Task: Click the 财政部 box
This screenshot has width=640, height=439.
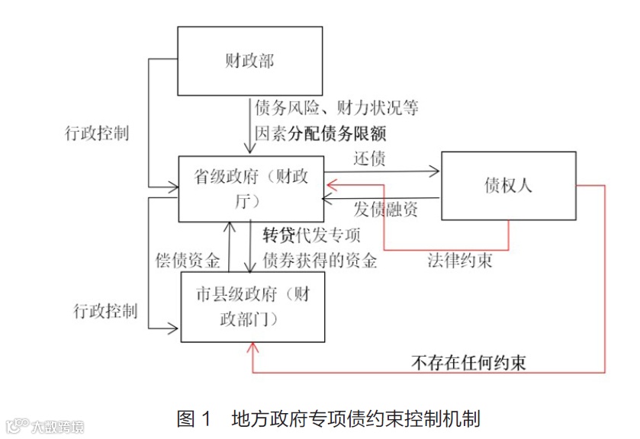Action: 250,62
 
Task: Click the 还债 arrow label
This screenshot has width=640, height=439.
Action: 369,159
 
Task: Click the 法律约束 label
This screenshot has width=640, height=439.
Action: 459,261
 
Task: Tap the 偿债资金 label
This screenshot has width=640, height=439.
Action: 187,261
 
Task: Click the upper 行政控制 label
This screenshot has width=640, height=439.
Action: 97,133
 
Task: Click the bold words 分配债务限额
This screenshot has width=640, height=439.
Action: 338,134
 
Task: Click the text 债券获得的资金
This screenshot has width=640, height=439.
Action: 320,261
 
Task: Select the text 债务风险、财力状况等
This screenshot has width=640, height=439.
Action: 336,107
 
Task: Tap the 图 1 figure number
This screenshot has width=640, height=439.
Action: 193,418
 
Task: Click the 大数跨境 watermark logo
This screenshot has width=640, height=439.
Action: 45,425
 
